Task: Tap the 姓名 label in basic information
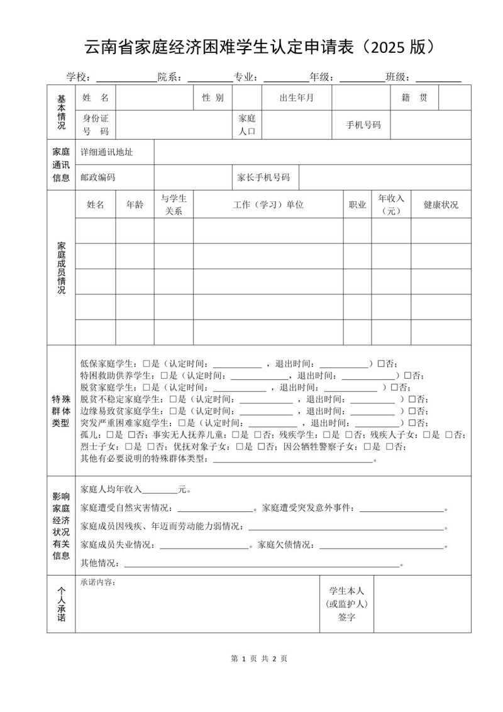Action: (x=96, y=97)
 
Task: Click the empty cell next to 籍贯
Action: (x=454, y=97)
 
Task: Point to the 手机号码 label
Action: (x=363, y=125)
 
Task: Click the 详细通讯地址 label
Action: (x=106, y=152)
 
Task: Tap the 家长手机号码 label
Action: (x=263, y=177)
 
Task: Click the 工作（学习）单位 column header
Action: (x=268, y=204)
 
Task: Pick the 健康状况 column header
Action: (x=441, y=204)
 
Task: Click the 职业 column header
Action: (x=357, y=204)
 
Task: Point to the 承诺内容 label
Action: (x=98, y=582)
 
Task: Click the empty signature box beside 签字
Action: (x=422, y=604)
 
